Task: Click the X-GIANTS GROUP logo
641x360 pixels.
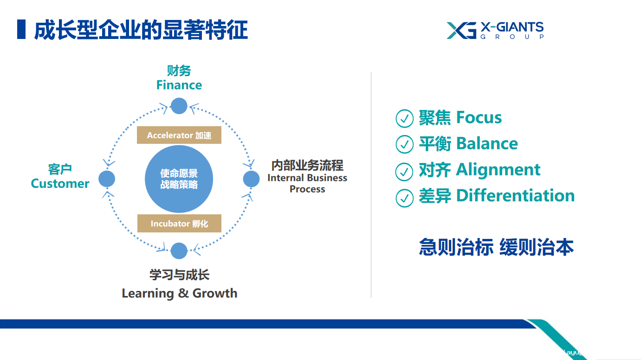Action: click(x=495, y=31)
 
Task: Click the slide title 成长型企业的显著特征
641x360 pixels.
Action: click(x=141, y=30)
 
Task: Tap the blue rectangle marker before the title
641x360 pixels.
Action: click(x=21, y=29)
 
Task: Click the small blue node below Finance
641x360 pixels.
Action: click(x=179, y=106)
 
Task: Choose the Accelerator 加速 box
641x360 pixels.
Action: click(x=179, y=135)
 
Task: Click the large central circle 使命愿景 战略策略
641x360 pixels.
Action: click(x=179, y=179)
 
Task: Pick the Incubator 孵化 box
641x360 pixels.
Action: click(x=179, y=223)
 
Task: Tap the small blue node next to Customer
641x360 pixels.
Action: click(x=107, y=179)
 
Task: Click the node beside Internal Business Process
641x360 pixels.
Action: click(x=251, y=179)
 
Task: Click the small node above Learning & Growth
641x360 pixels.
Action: click(x=179, y=251)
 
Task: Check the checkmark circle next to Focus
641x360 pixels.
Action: click(x=404, y=118)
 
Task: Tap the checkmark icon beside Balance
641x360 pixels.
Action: click(x=404, y=144)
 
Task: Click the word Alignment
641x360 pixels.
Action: click(x=498, y=170)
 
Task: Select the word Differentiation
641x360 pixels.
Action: click(x=515, y=196)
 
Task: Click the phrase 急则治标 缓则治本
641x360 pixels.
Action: click(x=496, y=247)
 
